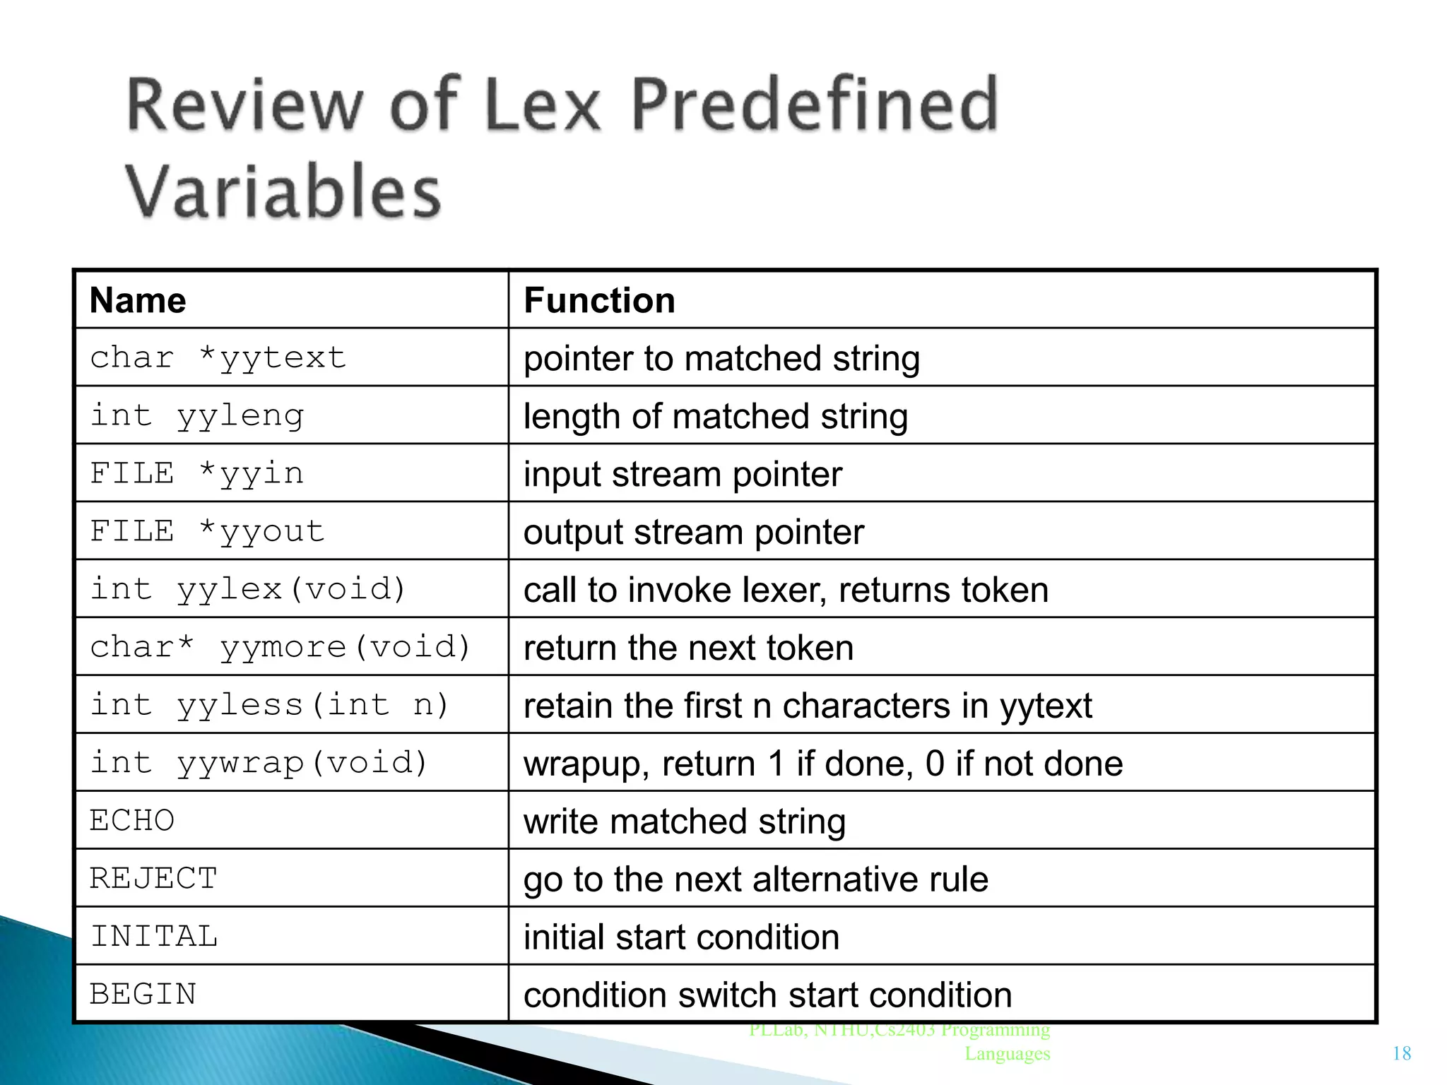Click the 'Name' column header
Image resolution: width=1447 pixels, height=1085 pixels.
pyautogui.click(x=138, y=301)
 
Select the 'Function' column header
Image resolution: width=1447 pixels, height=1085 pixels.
pyautogui.click(x=599, y=301)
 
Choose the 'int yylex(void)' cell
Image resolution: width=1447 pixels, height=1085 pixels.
pyautogui.click(x=248, y=589)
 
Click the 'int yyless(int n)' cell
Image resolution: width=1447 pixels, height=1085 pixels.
pyautogui.click(x=269, y=705)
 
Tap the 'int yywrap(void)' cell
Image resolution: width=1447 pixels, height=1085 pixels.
pyautogui.click(x=259, y=763)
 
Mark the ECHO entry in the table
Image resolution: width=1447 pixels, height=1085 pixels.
pyautogui.click(x=132, y=821)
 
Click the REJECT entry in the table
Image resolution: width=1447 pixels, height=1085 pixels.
pyautogui.click(x=153, y=879)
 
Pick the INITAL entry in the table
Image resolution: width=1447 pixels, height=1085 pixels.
pyautogui.click(x=154, y=937)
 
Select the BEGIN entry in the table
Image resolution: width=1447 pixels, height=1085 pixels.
pyautogui.click(x=143, y=995)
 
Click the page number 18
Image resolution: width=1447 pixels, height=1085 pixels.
pyautogui.click(x=1402, y=1054)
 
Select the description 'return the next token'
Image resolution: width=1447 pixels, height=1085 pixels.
pyautogui.click(x=688, y=648)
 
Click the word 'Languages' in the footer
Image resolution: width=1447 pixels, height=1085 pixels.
pyautogui.click(x=1008, y=1054)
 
